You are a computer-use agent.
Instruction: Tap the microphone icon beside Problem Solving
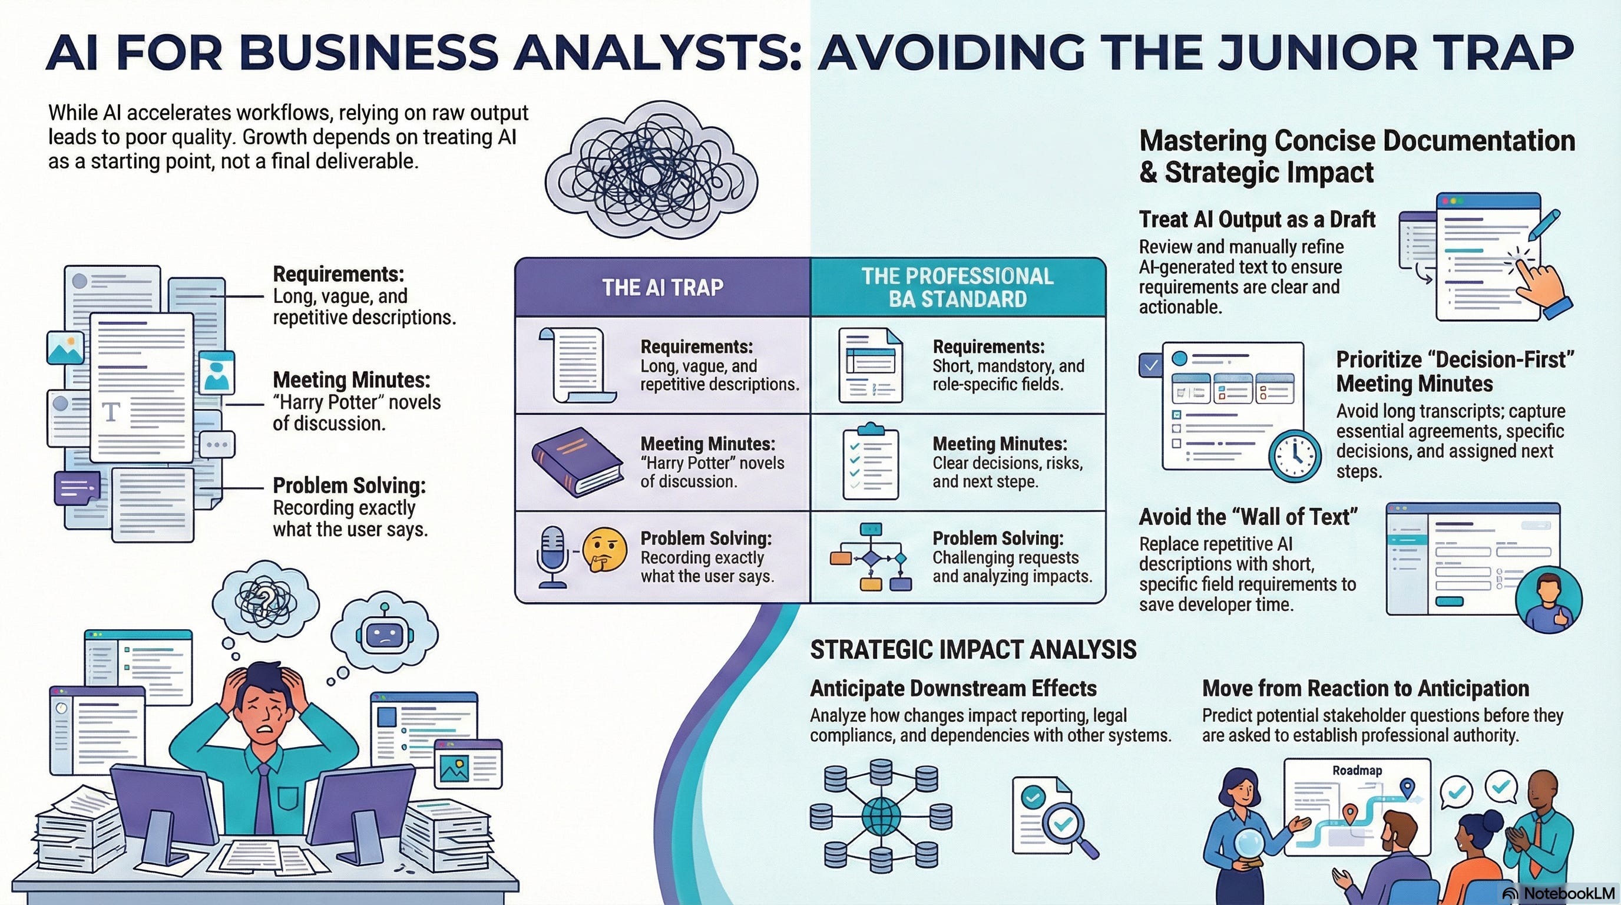553,557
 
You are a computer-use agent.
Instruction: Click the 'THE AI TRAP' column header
663,288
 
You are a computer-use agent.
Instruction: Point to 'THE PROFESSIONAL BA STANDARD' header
957,288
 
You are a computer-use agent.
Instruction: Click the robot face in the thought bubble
385,636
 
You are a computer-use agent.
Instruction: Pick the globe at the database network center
881,815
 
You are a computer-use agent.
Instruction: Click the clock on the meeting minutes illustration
1295,455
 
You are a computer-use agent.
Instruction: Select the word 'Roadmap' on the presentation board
1357,771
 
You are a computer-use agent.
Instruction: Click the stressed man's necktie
264,796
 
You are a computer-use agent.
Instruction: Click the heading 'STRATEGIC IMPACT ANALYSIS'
973,649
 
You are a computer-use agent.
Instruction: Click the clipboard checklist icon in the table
870,463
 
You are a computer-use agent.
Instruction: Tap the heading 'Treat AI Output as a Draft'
1256,220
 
